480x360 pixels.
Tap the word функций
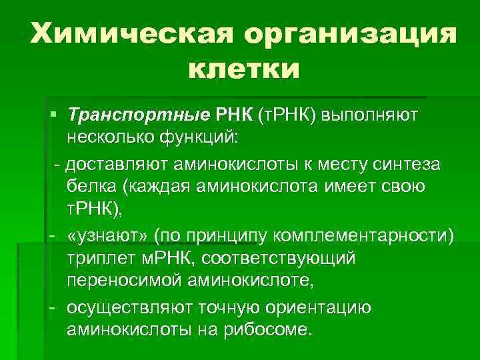click(x=208, y=139)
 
